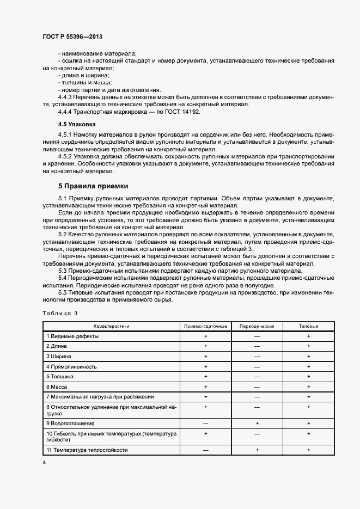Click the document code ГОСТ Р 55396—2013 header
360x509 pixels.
[72, 36]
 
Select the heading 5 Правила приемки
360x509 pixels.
[93, 186]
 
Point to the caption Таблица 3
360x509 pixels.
[60, 313]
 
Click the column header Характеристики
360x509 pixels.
[111, 326]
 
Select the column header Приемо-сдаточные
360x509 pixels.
[205, 326]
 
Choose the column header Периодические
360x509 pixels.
[257, 326]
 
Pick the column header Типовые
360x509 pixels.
[308, 326]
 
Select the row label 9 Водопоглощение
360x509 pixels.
[70, 423]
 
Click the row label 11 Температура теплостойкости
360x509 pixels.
[87, 450]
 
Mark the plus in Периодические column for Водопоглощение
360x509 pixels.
[257, 423]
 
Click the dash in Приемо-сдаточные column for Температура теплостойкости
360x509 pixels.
[205, 450]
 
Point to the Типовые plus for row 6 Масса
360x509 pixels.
[308, 386]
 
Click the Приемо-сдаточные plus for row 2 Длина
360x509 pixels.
[205, 346]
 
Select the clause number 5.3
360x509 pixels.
[62, 271]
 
